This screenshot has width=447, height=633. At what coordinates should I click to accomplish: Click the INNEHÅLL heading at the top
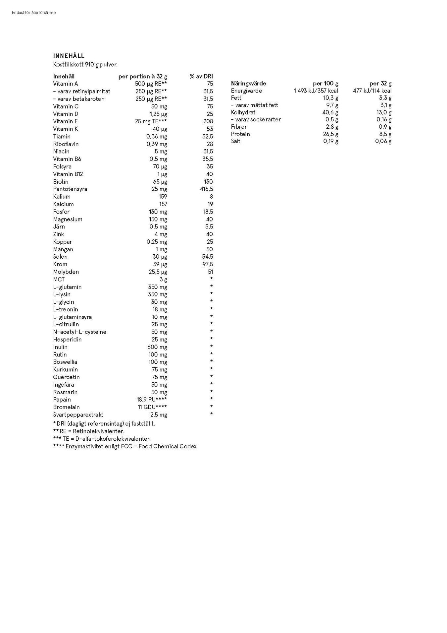pos(69,56)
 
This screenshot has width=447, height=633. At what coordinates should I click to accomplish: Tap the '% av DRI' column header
pos(201,77)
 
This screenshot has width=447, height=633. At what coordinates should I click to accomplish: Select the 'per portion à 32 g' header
pos(143,77)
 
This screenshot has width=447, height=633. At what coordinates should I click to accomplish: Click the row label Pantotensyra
pos(70,189)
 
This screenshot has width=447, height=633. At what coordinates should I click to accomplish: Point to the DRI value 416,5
pos(206,189)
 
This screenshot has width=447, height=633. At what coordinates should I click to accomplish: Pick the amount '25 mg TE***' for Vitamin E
pos(151,121)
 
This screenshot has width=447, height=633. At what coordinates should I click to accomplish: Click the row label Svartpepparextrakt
pos(78,415)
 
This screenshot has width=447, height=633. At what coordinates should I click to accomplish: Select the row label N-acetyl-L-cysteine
pos(79,332)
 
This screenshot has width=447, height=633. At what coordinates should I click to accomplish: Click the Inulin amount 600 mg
pos(157,347)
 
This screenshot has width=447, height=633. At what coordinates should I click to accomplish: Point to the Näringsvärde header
pos(248,84)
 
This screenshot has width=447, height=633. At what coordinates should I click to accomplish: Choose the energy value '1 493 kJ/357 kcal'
pos(316,91)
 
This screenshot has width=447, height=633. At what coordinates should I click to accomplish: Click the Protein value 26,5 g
pos(330,134)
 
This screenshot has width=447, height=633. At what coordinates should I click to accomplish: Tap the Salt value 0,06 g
pos(383,141)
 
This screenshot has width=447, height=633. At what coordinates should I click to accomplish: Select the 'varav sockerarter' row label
pos(256,120)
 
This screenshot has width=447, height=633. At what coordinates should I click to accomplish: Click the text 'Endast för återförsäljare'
pos(34,13)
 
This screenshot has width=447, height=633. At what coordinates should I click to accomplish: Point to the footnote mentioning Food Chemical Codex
pos(124,447)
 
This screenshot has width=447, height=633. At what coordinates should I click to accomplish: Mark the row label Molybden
pos(66,272)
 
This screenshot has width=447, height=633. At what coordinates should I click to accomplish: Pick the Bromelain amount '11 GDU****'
pos(152,407)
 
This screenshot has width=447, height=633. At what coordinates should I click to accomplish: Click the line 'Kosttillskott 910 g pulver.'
pos(85,65)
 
